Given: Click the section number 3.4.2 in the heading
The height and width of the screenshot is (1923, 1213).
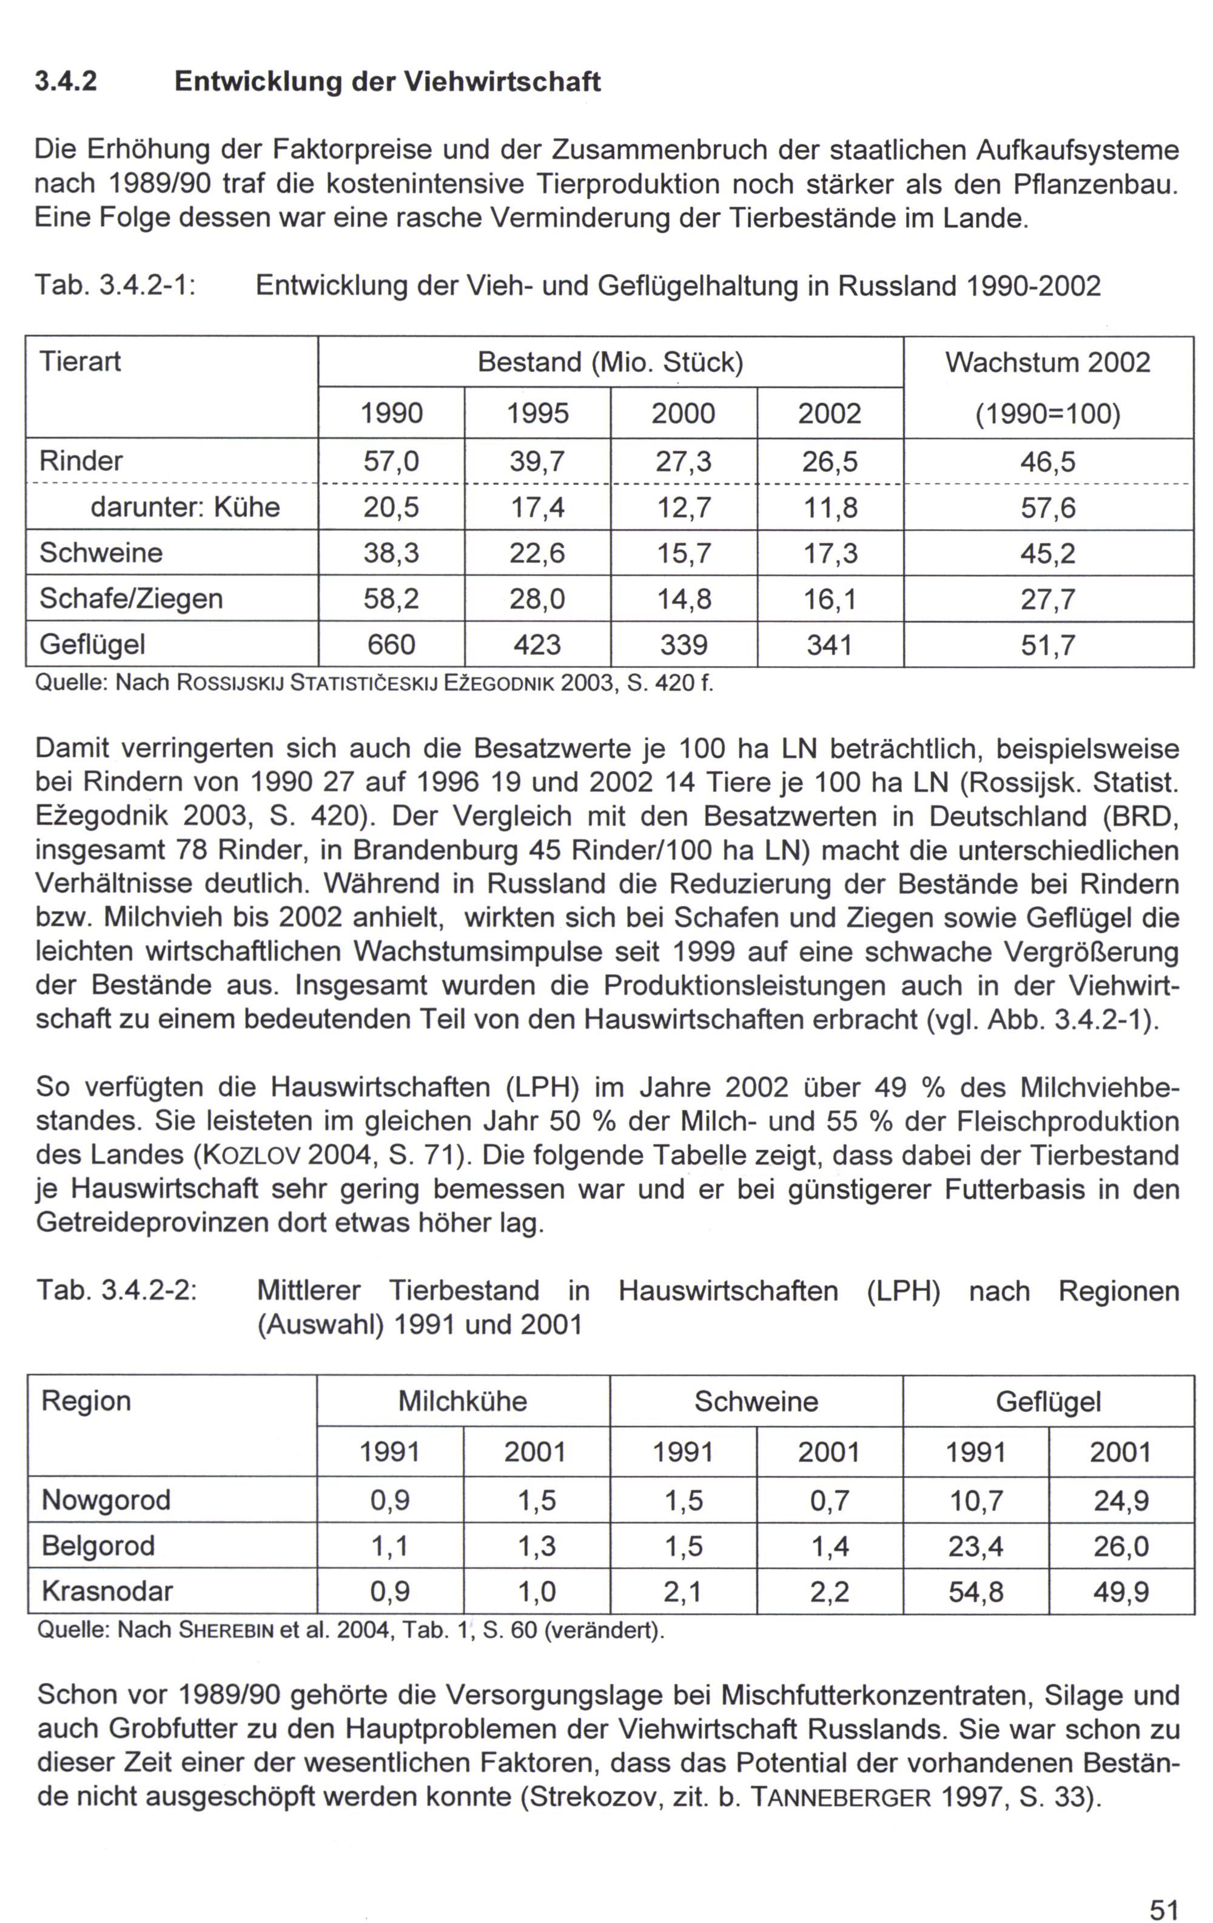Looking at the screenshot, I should click(66, 81).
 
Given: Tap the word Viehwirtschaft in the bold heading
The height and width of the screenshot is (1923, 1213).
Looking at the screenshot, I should click(502, 81).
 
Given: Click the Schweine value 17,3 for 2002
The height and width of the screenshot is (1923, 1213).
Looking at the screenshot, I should click(830, 553).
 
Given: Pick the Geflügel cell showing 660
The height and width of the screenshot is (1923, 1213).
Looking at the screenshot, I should click(391, 644).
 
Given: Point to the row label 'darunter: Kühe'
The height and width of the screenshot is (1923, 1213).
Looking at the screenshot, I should click(184, 507).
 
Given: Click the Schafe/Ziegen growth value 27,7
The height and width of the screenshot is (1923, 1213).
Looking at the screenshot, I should click(1047, 598).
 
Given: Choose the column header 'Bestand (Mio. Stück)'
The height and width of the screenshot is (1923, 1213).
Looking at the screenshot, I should click(610, 363).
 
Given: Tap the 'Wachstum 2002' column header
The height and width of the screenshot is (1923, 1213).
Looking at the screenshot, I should click(1047, 363).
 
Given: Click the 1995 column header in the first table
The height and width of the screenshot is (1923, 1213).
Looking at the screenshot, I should click(537, 413).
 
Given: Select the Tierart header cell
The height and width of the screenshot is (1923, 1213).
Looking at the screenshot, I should click(81, 362).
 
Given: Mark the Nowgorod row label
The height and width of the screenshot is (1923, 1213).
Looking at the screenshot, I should click(106, 1500).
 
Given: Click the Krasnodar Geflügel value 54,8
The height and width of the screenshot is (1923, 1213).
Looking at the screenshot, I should click(975, 1592).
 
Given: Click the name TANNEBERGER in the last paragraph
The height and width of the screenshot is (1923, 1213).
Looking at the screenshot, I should click(842, 1797).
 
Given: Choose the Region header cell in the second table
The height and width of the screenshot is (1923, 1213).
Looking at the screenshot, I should click(86, 1401).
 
